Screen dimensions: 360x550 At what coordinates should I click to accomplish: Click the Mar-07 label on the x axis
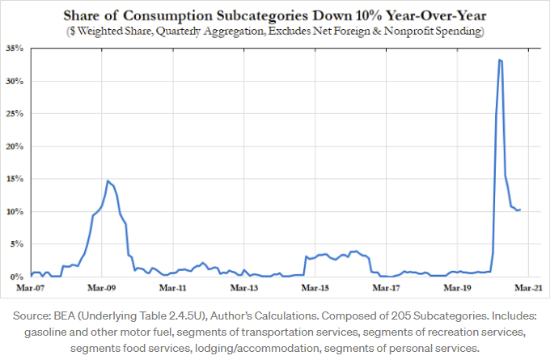(x=31, y=287)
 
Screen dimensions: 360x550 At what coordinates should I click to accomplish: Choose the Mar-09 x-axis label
(x=101, y=287)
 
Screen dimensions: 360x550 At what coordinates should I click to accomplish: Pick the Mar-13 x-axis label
(x=243, y=287)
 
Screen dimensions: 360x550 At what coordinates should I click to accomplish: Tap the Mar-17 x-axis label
(x=386, y=287)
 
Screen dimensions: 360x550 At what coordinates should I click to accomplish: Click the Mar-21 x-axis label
(x=528, y=287)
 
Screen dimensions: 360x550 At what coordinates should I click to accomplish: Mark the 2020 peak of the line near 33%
(x=501, y=60)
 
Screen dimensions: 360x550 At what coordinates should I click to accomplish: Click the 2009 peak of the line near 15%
(x=108, y=180)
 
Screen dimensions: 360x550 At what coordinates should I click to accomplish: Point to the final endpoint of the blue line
(x=521, y=210)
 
